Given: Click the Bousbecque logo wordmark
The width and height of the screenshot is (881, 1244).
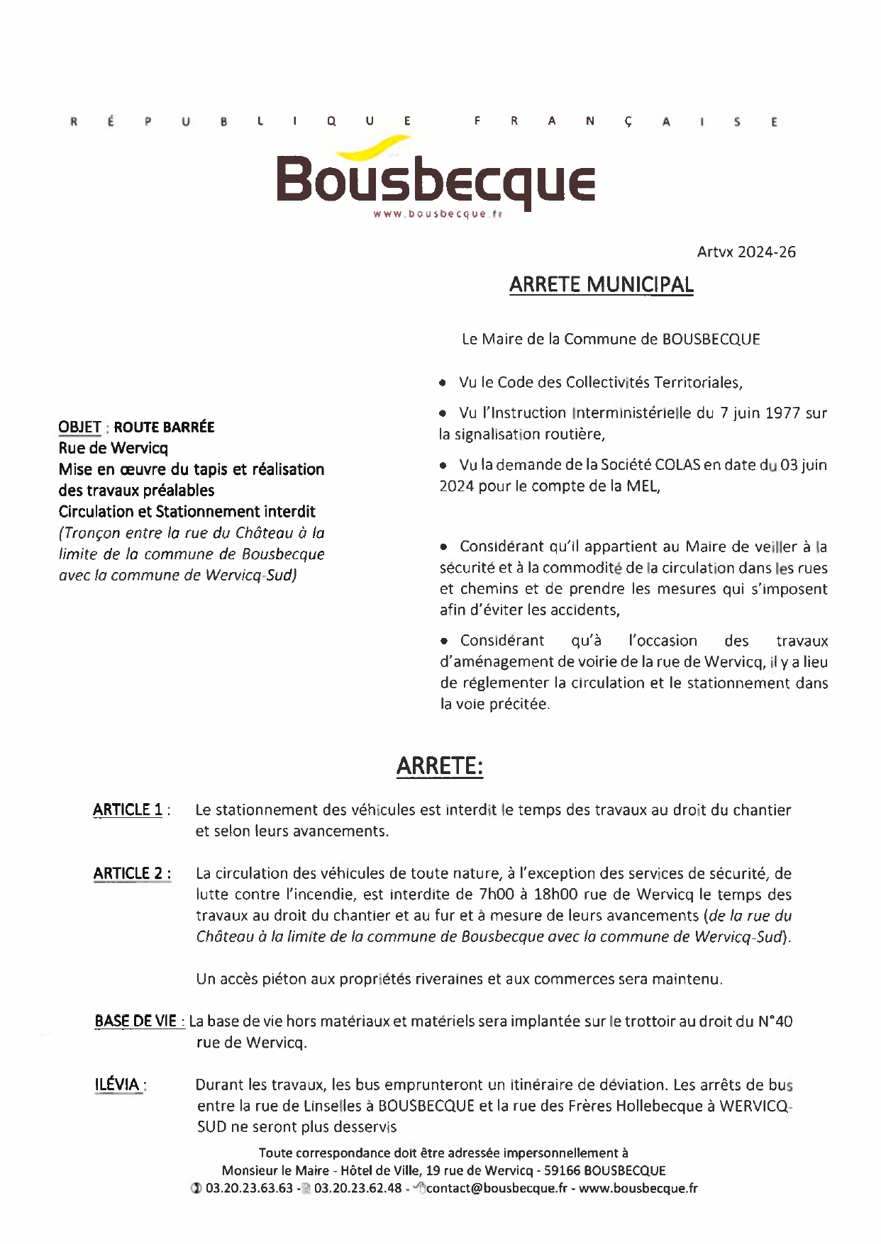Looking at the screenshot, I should click(435, 181).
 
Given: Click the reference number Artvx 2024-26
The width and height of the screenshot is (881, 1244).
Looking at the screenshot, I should click(746, 252).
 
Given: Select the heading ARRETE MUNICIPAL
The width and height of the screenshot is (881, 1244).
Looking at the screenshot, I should click(601, 285).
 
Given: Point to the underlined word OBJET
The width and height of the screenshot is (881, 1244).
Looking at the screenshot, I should click(79, 427).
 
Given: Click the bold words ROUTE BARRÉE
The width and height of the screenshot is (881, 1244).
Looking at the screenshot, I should click(164, 427).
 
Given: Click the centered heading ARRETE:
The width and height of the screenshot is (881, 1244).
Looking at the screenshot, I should click(440, 766).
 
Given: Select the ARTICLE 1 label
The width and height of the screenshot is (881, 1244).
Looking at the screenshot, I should click(128, 809).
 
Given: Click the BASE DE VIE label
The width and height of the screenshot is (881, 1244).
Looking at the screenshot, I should click(136, 1021).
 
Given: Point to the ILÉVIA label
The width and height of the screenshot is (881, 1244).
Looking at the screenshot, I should click(117, 1085).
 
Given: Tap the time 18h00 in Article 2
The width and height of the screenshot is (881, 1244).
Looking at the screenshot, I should click(534, 895).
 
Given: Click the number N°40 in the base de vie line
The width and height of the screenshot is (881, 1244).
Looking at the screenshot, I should click(775, 1021).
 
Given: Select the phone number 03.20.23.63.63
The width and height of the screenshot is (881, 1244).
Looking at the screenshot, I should click(249, 1188).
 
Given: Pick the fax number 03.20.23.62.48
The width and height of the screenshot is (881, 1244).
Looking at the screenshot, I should click(358, 1188).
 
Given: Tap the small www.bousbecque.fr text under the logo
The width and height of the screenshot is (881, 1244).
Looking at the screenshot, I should click(438, 214).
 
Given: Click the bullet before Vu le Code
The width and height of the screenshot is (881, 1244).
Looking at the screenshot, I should click(443, 383).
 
